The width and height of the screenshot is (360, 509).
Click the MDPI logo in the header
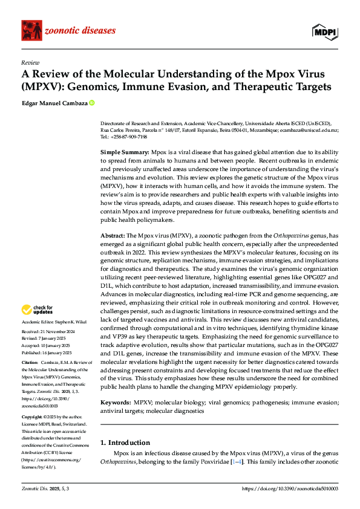[325, 31]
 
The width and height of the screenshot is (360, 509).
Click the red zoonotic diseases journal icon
[33, 31]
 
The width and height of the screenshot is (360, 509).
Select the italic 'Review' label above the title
[30, 63]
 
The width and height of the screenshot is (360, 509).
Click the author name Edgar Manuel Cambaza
[54, 103]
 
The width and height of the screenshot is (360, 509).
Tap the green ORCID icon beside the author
[92, 103]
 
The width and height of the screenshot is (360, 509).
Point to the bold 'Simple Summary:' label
[125, 153]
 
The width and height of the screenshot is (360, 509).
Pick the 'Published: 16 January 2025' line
[47, 352]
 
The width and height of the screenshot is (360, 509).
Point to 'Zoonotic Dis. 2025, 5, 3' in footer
[45, 488]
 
